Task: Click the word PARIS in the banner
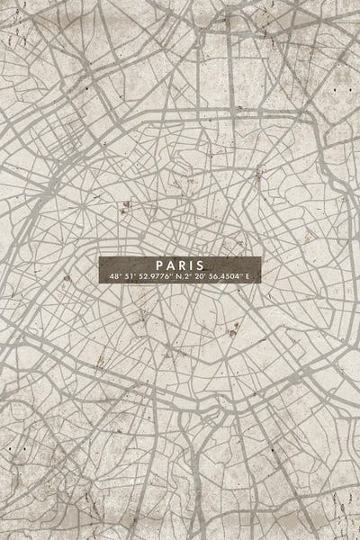tap(179, 265)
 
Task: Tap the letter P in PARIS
tap(159, 265)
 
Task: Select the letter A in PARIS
tap(169, 265)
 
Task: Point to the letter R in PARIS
tap(180, 265)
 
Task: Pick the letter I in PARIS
tap(189, 265)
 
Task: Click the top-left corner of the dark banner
tap(100, 256)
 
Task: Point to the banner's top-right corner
tap(260, 256)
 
